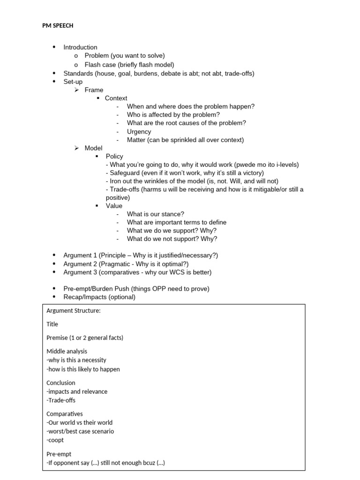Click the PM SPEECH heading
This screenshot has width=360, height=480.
coord(58,26)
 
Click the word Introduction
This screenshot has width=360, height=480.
coord(80,47)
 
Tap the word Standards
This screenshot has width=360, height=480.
coord(78,73)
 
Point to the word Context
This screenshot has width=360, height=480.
coord(116,98)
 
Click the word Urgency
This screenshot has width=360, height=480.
coord(139,132)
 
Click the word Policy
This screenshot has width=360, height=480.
coord(114,157)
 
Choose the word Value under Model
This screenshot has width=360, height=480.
coord(114,206)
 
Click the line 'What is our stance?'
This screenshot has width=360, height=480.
coord(155,214)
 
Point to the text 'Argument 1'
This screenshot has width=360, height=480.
coord(80,255)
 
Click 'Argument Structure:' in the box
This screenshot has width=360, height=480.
coord(74,311)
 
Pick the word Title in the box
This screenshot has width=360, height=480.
coord(52,324)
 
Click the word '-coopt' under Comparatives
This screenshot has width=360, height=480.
coord(55,440)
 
